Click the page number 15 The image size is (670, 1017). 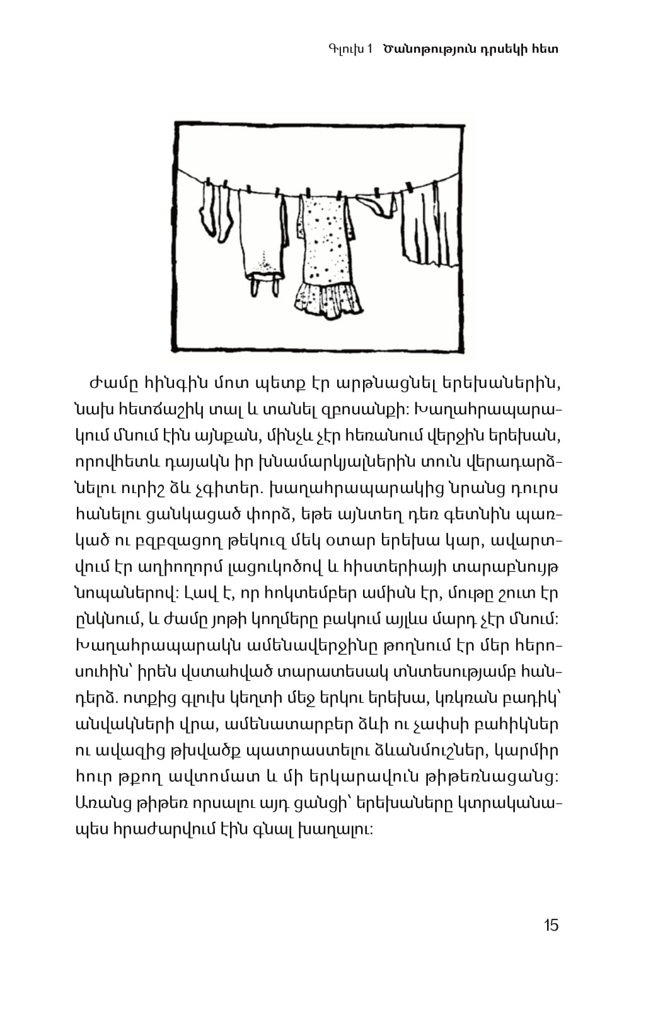tap(551, 925)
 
